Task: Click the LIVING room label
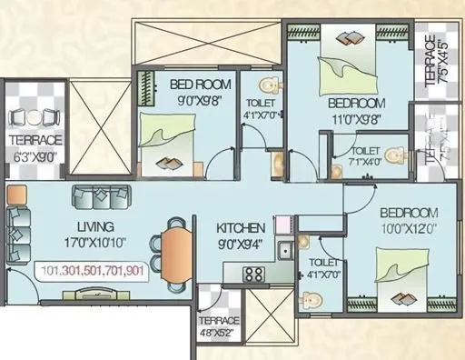pos(95,225)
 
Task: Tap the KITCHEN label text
pos(241,227)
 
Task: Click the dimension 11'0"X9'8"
pos(357,118)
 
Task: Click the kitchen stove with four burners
pos(253,275)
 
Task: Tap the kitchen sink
pos(285,248)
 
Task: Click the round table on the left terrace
pos(35,117)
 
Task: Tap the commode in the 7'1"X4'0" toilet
pos(392,156)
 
